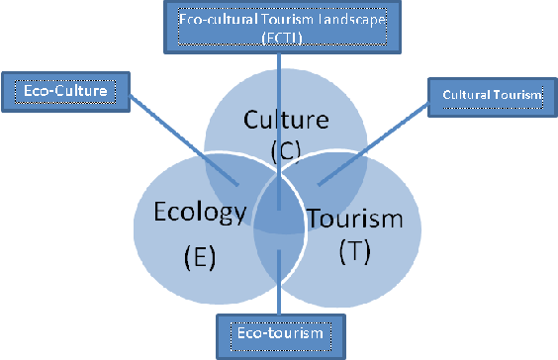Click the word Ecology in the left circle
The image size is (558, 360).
pos(198,214)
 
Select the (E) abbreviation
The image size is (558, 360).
pos(199,258)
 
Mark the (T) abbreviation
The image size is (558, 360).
pos(353,250)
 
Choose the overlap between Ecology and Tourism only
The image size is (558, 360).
pos(279,259)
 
